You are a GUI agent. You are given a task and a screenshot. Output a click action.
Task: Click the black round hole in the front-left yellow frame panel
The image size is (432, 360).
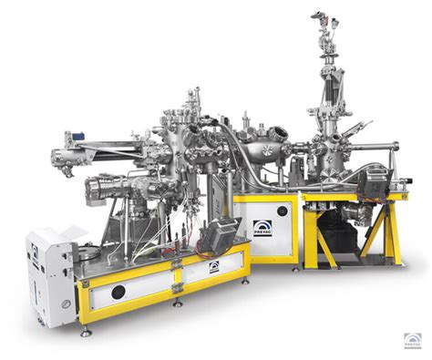pos(118,293)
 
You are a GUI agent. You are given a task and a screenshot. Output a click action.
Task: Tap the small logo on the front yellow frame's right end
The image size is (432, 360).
pos(213,269)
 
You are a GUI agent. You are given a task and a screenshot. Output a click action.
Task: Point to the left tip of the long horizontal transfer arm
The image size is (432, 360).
pos(55,149)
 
